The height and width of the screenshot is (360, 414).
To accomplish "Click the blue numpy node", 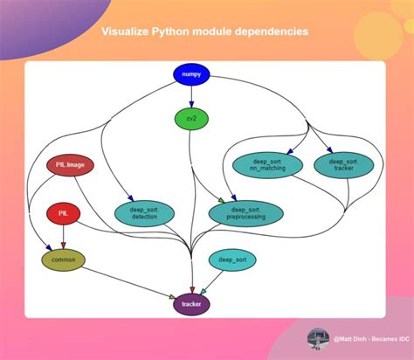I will [191, 75].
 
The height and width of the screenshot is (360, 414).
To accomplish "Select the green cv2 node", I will [191, 118].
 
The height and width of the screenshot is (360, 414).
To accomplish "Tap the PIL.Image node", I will [70, 166].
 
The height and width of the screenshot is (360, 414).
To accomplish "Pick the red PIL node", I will [63, 213].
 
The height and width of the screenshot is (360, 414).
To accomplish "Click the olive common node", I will [63, 260].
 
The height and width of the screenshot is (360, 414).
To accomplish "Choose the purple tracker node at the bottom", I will [191, 304].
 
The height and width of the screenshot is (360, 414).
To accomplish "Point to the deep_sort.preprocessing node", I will [245, 213].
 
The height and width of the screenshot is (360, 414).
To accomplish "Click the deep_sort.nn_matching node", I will [267, 165].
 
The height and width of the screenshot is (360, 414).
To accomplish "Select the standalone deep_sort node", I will [232, 260].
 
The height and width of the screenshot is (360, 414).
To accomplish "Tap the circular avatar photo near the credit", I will [319, 340].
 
